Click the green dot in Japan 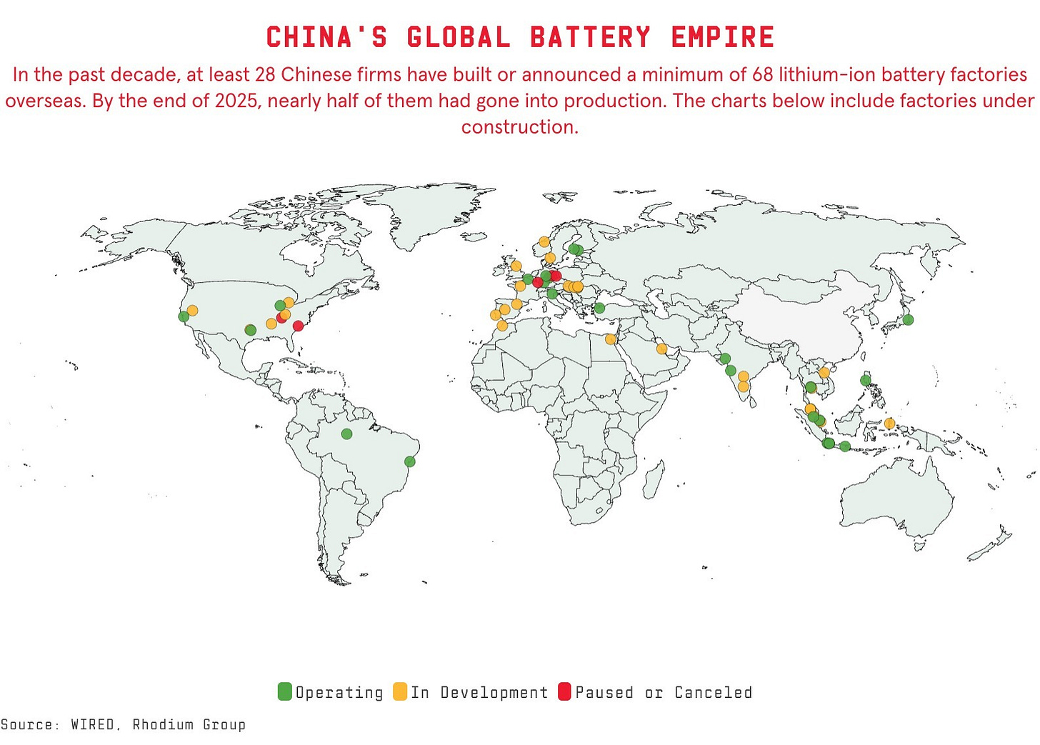[908, 320]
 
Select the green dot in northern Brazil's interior [346, 434]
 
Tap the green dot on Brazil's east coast [410, 461]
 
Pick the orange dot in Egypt [611, 339]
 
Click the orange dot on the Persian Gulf [662, 349]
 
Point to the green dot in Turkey [600, 309]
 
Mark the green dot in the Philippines [866, 381]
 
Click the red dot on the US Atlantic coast [299, 326]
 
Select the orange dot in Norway [544, 241]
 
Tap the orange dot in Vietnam [824, 372]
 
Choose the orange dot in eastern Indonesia [889, 424]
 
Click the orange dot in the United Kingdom [516, 266]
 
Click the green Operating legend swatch [285, 691]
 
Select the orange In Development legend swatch [400, 691]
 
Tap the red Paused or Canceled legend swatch [564, 691]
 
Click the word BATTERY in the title [590, 37]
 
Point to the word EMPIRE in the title [722, 37]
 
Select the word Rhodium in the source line [164, 725]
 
